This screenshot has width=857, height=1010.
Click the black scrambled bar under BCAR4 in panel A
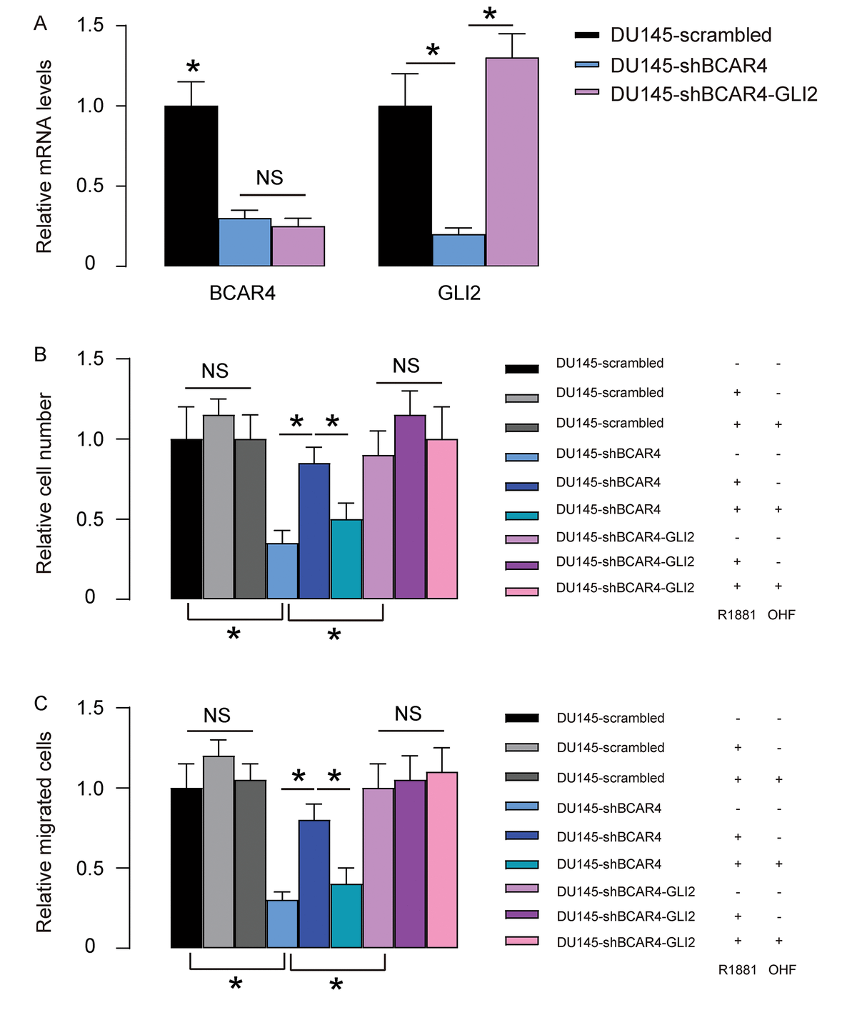click(191, 186)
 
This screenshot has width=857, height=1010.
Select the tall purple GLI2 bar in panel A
click(512, 162)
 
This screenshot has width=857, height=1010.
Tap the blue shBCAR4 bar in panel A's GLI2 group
click(458, 250)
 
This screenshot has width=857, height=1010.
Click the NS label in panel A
click(269, 178)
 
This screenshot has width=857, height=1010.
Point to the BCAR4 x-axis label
click(242, 294)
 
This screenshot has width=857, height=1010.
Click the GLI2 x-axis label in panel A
click(458, 294)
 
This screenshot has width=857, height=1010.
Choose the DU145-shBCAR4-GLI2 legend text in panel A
click(713, 94)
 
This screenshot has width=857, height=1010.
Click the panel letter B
click(41, 354)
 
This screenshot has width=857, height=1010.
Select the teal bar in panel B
click(346, 559)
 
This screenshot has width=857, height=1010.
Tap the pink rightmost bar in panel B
click(442, 519)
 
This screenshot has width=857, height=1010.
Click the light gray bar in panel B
click(219, 507)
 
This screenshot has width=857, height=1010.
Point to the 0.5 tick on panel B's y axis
click(90, 519)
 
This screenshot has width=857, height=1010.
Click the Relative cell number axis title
click(44, 483)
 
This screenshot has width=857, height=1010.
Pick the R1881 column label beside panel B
click(736, 615)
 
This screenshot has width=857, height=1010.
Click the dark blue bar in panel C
click(314, 884)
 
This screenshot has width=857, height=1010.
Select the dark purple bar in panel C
click(410, 864)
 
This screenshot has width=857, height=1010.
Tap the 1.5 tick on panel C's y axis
click(90, 708)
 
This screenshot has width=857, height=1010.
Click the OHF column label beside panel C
click(782, 970)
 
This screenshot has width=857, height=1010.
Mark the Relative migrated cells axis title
click(44, 831)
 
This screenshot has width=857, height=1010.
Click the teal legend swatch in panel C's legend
click(521, 864)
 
